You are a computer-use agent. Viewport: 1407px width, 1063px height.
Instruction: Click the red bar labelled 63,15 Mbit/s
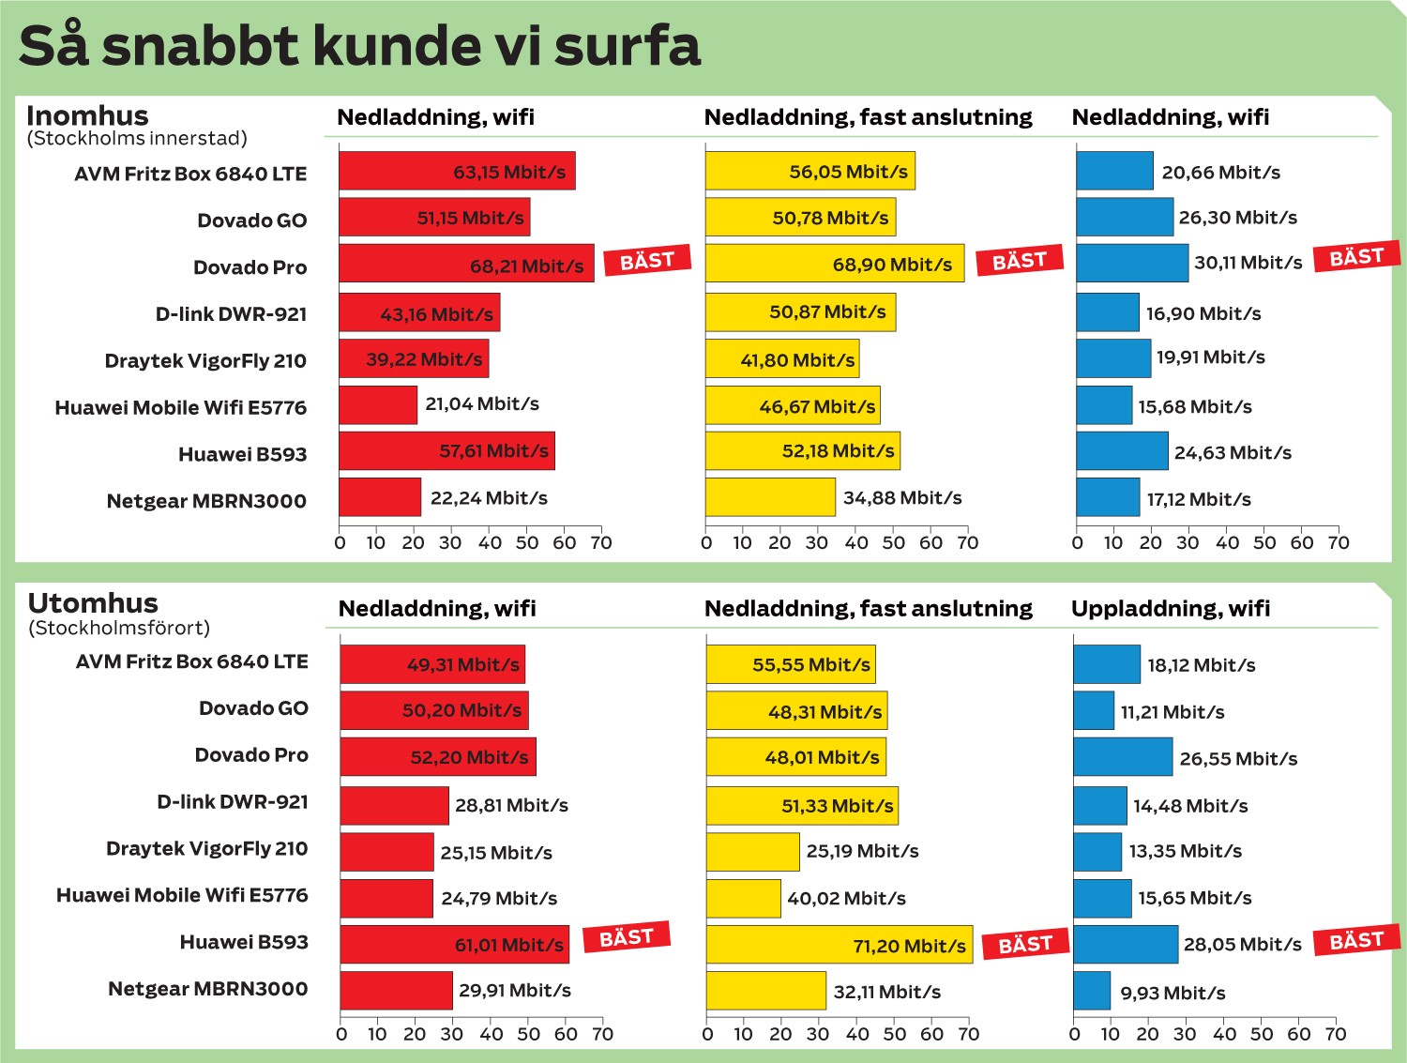coord(457,171)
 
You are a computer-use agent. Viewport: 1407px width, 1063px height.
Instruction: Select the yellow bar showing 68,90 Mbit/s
coord(834,264)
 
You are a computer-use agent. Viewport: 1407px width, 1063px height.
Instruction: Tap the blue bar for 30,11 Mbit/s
coord(1132,264)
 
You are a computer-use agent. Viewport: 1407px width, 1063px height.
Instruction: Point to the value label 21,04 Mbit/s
coord(482,404)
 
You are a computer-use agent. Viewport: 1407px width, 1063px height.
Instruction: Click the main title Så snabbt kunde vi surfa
coord(359,46)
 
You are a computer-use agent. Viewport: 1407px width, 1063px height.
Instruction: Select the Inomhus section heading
coord(87,115)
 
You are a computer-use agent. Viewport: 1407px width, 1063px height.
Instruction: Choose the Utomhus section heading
coord(93,603)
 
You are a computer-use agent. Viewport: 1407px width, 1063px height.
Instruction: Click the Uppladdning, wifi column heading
coord(1171,608)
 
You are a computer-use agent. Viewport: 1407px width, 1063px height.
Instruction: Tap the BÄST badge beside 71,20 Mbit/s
coord(1025,944)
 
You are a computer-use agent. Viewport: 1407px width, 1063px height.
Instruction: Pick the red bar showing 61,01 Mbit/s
coord(455,945)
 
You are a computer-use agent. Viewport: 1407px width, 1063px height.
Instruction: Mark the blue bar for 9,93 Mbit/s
coord(1092,991)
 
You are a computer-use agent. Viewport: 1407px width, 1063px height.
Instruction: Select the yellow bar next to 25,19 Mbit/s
coord(753,852)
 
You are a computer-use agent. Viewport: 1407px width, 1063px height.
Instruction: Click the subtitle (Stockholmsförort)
coord(119,628)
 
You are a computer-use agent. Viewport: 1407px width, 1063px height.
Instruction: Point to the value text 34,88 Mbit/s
coord(902,498)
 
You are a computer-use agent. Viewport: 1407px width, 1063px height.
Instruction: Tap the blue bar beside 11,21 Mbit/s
coord(1094,711)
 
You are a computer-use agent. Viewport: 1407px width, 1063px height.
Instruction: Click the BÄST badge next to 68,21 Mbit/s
coord(646,261)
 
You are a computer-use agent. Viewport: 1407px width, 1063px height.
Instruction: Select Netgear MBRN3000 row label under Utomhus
coord(207,989)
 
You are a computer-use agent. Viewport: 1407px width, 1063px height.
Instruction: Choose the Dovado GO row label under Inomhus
coord(251,220)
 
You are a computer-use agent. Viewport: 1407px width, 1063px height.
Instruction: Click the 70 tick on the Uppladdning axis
coord(1336,1034)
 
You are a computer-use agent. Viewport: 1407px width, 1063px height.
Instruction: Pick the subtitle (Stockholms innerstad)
coord(137,139)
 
